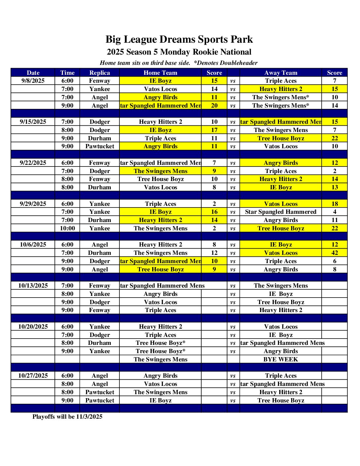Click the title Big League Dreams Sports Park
coord(179,39)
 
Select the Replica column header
coord(100,73)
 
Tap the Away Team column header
coord(281,73)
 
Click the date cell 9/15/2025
coord(33,122)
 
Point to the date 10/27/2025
coord(33,376)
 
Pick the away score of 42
coord(335,253)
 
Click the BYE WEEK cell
coord(281,359)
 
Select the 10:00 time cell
coord(67,228)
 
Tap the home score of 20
coord(214,106)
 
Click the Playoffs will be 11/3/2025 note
coord(67,417)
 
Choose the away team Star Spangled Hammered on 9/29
coord(281,212)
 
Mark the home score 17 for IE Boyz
coord(214,130)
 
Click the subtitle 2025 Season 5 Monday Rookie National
coord(179,52)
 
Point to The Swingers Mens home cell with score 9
coord(160,171)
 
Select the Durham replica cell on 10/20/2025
coord(100,343)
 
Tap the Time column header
coord(67,73)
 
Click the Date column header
coord(33,73)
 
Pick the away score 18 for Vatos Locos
coord(335,204)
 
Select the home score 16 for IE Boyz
coord(214,212)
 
